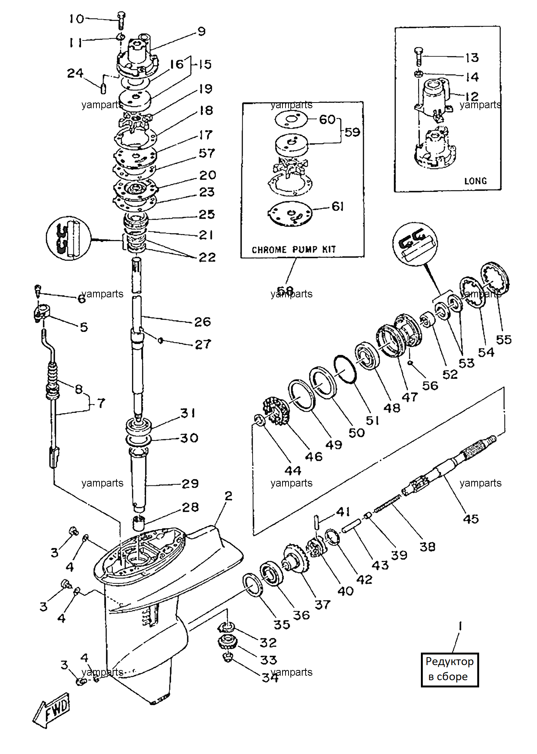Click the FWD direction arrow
52,710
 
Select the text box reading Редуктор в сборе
450,669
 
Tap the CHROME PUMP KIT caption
294,250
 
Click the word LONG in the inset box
475,181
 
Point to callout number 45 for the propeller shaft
471,519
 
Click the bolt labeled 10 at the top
121,20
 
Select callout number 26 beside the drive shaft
202,322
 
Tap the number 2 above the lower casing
228,496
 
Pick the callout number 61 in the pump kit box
338,207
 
